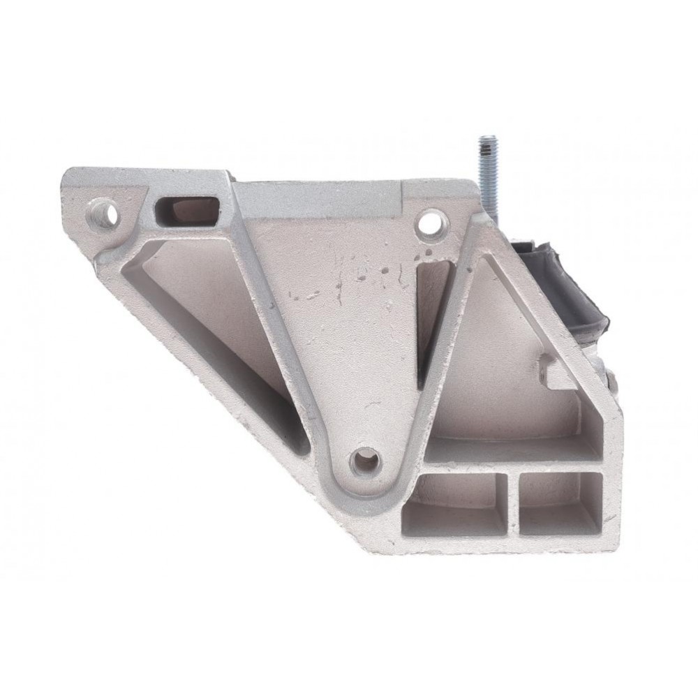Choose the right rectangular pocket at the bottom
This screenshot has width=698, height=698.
coord(560,503)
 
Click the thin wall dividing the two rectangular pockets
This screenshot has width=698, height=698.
coord(513,504)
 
